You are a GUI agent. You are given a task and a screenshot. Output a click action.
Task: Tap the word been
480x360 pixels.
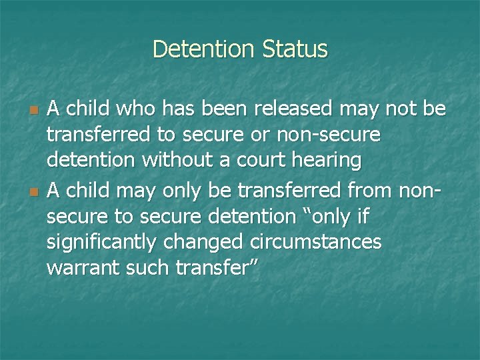[199, 109]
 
